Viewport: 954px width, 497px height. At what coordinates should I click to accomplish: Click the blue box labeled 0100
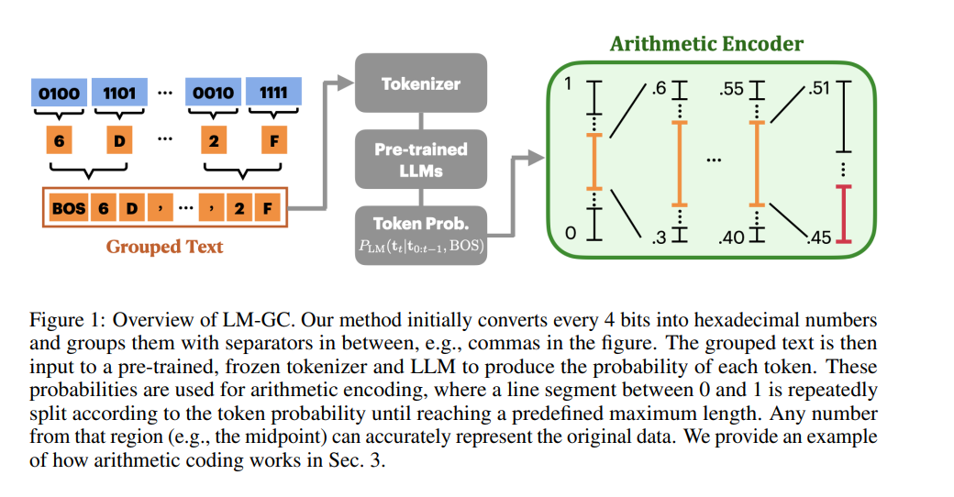[59, 93]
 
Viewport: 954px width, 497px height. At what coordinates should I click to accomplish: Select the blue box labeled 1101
[119, 93]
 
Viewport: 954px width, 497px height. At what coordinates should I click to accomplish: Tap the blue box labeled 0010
[213, 93]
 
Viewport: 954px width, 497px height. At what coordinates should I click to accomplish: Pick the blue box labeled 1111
[273, 93]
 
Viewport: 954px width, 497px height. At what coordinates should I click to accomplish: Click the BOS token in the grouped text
[68, 208]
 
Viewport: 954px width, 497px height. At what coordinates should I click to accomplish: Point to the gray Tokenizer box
[421, 83]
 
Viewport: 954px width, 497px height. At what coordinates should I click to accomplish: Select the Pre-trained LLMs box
[421, 160]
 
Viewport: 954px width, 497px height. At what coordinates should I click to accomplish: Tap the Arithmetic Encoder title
[706, 44]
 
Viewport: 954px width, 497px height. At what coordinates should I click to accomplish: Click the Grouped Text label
[164, 247]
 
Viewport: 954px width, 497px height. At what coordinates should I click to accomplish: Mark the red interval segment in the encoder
[843, 215]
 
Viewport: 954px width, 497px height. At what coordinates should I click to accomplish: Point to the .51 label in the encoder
[819, 88]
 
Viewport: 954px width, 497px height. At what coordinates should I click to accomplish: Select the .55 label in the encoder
[731, 89]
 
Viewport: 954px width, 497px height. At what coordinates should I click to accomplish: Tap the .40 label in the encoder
[731, 237]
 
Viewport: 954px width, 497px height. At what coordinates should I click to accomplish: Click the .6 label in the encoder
[659, 89]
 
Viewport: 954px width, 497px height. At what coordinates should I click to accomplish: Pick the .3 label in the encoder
[659, 237]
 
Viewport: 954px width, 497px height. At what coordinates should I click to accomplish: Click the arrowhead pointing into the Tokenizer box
[346, 83]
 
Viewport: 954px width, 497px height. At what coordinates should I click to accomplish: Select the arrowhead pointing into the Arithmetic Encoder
[536, 158]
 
